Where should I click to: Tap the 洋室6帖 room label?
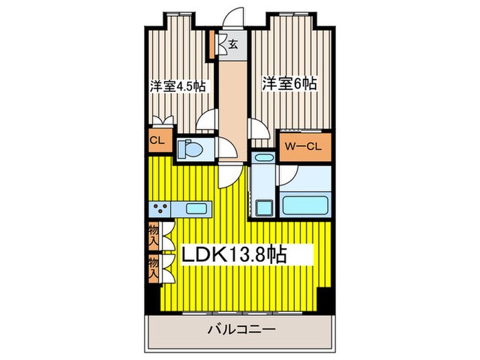[289, 84]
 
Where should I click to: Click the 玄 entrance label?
[233, 46]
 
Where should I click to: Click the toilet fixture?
[190, 149]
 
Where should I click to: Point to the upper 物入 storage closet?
[154, 236]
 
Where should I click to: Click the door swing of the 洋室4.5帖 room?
[205, 124]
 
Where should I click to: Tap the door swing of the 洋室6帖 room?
[256, 128]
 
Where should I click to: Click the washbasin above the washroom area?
[263, 158]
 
